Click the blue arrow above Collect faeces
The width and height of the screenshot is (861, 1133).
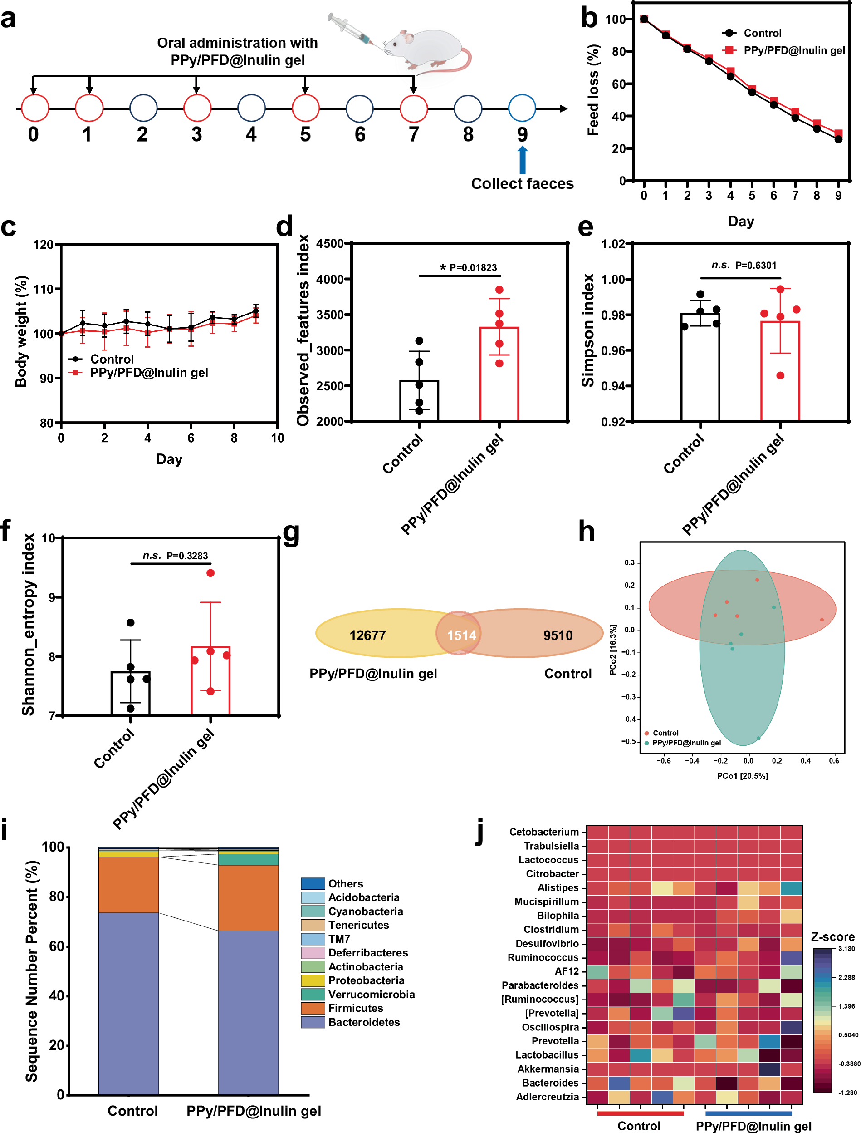coord(522,160)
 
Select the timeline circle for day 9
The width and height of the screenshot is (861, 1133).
coord(522,108)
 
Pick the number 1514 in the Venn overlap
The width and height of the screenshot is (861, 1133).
coord(461,635)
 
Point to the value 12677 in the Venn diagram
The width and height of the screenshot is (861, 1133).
coord(367,635)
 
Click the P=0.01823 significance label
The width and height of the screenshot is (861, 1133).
coord(473,267)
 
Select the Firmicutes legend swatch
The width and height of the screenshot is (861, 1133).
coord(313,1008)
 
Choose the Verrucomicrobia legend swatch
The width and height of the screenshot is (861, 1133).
coord(313,994)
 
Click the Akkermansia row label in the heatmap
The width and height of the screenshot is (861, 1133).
coord(548,1069)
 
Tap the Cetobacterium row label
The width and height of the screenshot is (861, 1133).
coord(544,832)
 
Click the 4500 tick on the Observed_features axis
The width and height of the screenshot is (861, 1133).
coord(329,244)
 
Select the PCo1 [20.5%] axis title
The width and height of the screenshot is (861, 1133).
coord(742,776)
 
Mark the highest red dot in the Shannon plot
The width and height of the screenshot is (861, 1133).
coord(210,573)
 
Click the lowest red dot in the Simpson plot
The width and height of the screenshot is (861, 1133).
coord(780,375)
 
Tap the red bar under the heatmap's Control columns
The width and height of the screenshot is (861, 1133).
coord(640,1113)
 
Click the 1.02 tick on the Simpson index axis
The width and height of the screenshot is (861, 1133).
coord(613,244)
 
